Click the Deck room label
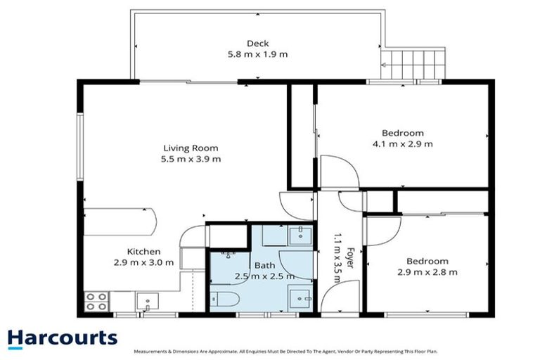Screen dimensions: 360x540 pos(257,44)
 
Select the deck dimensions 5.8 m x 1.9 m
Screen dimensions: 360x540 pos(257,54)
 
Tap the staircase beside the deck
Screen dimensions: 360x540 pos(413,64)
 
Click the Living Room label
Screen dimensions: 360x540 pos(191,148)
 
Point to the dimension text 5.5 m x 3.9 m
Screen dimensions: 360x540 pos(191,159)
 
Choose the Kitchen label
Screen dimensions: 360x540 pos(143,252)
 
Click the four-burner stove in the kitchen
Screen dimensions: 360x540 pos(96,301)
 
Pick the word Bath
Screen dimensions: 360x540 pos(264,266)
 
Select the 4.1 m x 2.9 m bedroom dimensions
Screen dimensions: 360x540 pos(403,143)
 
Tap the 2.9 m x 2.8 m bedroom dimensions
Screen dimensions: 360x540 pos(427,271)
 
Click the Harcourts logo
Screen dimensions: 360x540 pos(62,337)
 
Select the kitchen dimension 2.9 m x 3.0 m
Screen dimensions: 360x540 pos(143,262)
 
